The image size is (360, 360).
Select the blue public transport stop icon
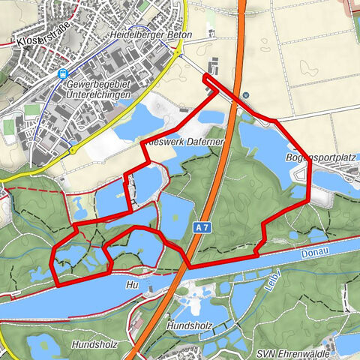tap(63, 73)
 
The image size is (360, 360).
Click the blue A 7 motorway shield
tap(197, 226)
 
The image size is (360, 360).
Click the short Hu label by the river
tap(133, 285)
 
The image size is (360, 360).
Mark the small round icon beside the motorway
tap(245, 95)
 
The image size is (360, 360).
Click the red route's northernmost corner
tap(205, 76)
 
